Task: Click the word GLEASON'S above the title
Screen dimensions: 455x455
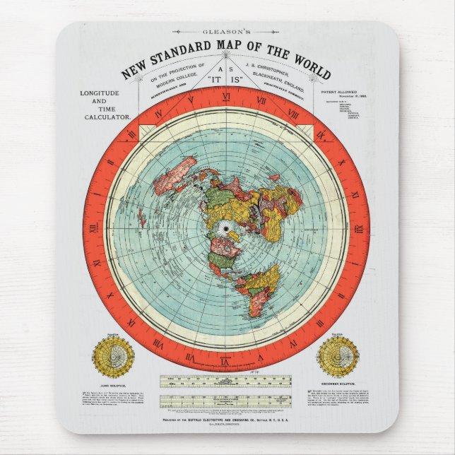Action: coord(227,32)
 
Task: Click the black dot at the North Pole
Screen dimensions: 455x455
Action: coord(227,229)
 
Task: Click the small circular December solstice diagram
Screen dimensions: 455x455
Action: coord(338,355)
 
